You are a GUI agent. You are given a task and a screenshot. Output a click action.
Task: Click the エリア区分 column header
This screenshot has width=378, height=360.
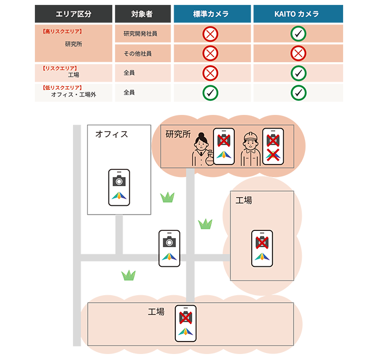point(73,14)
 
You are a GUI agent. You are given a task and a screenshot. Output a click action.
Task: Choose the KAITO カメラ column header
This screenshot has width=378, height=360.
point(297,14)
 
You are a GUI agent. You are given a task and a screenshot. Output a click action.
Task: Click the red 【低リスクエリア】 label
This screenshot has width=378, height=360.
point(61,87)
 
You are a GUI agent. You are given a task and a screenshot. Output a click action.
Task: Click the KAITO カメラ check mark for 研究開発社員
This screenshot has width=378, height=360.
point(298,34)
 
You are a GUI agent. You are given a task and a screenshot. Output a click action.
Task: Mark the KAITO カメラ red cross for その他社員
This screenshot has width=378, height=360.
point(298,53)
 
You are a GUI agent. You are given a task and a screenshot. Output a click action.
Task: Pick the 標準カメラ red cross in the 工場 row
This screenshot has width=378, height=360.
point(210,73)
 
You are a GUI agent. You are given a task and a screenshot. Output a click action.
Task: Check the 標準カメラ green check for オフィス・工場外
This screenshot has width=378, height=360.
point(210,93)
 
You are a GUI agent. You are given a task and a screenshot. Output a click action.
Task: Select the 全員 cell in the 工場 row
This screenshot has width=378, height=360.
point(129,73)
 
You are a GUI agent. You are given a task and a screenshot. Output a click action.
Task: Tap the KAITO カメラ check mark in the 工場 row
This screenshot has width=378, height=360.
point(298,73)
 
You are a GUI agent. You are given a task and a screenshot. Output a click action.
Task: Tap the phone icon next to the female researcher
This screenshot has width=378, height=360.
point(223,147)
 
